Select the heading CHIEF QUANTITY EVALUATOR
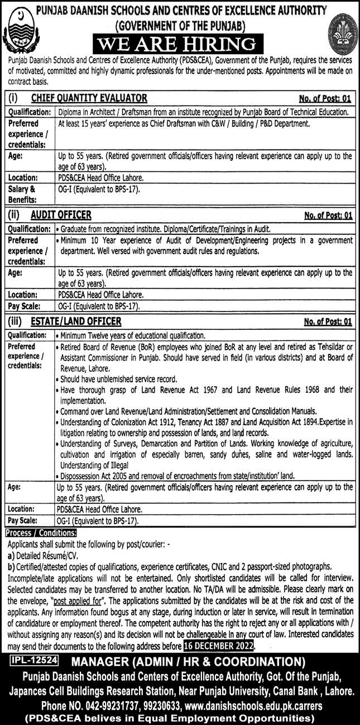(x=89, y=98)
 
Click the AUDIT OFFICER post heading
(x=61, y=215)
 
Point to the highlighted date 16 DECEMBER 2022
(x=218, y=646)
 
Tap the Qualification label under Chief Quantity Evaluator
(x=29, y=112)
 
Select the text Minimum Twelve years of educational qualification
(x=132, y=335)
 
